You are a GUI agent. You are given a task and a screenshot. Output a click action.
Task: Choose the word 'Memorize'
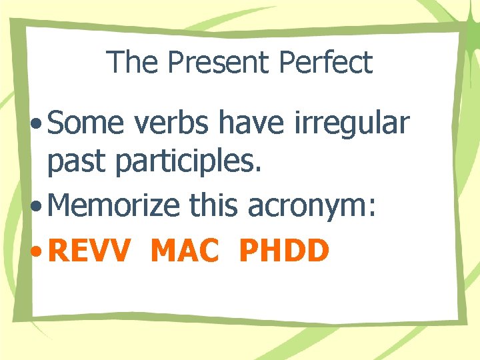click(114, 207)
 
